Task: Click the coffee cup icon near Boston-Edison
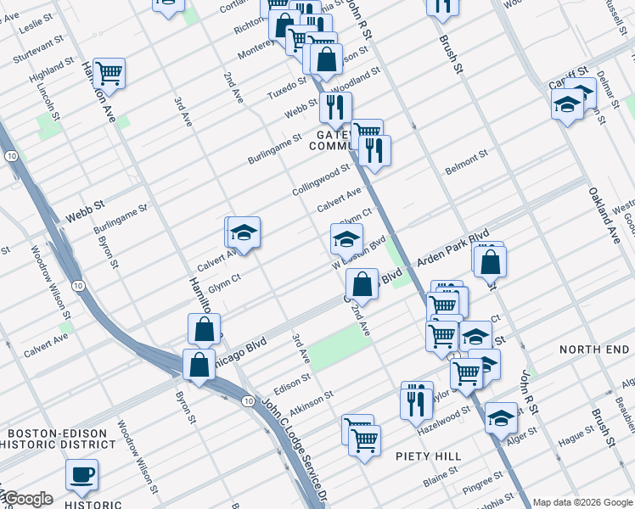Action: (81, 474)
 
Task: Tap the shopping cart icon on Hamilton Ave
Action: (109, 74)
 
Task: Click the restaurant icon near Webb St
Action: (335, 107)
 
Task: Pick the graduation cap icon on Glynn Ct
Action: (346, 239)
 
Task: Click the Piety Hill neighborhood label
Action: (428, 456)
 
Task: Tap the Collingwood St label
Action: (321, 180)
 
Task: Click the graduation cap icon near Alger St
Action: (501, 417)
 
